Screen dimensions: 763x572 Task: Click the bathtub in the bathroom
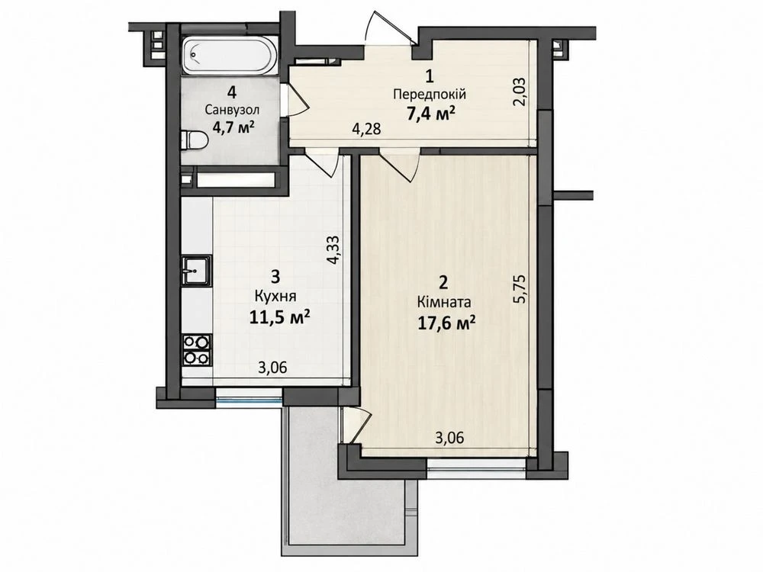(x=230, y=56)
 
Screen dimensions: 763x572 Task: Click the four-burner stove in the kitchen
(x=197, y=350)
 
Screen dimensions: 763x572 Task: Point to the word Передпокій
(x=430, y=94)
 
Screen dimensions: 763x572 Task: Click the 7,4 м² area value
(x=430, y=114)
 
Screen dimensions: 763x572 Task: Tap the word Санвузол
(x=232, y=111)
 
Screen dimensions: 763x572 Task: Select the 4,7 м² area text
(x=233, y=127)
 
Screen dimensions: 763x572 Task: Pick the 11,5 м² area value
(x=280, y=317)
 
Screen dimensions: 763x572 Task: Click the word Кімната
(x=444, y=303)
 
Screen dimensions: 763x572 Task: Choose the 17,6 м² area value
(x=446, y=323)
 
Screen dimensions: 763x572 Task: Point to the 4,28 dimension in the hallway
(x=366, y=130)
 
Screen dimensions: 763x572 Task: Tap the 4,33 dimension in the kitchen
(x=334, y=250)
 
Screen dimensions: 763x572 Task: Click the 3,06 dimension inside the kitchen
(x=272, y=368)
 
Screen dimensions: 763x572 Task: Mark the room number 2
(x=443, y=283)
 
